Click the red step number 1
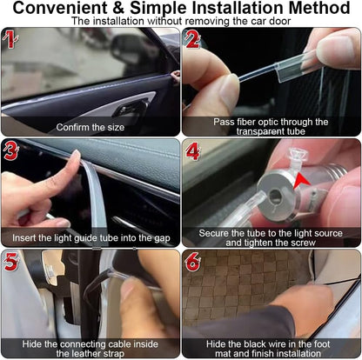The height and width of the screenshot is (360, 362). (x=10, y=39)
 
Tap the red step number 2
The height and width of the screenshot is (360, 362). (x=192, y=39)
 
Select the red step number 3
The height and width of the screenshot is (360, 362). (x=10, y=150)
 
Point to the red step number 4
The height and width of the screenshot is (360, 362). (x=193, y=150)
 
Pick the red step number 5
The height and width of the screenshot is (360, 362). (x=11, y=262)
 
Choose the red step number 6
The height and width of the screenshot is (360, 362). (x=193, y=262)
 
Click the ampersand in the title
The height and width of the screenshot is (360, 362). (x=118, y=8)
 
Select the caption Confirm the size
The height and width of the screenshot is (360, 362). (x=90, y=127)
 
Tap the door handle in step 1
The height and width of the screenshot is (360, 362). (x=131, y=108)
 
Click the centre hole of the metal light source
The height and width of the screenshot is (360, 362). (x=275, y=196)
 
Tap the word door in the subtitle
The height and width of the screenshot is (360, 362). (x=280, y=21)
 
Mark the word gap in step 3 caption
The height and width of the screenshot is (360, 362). (x=162, y=238)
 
